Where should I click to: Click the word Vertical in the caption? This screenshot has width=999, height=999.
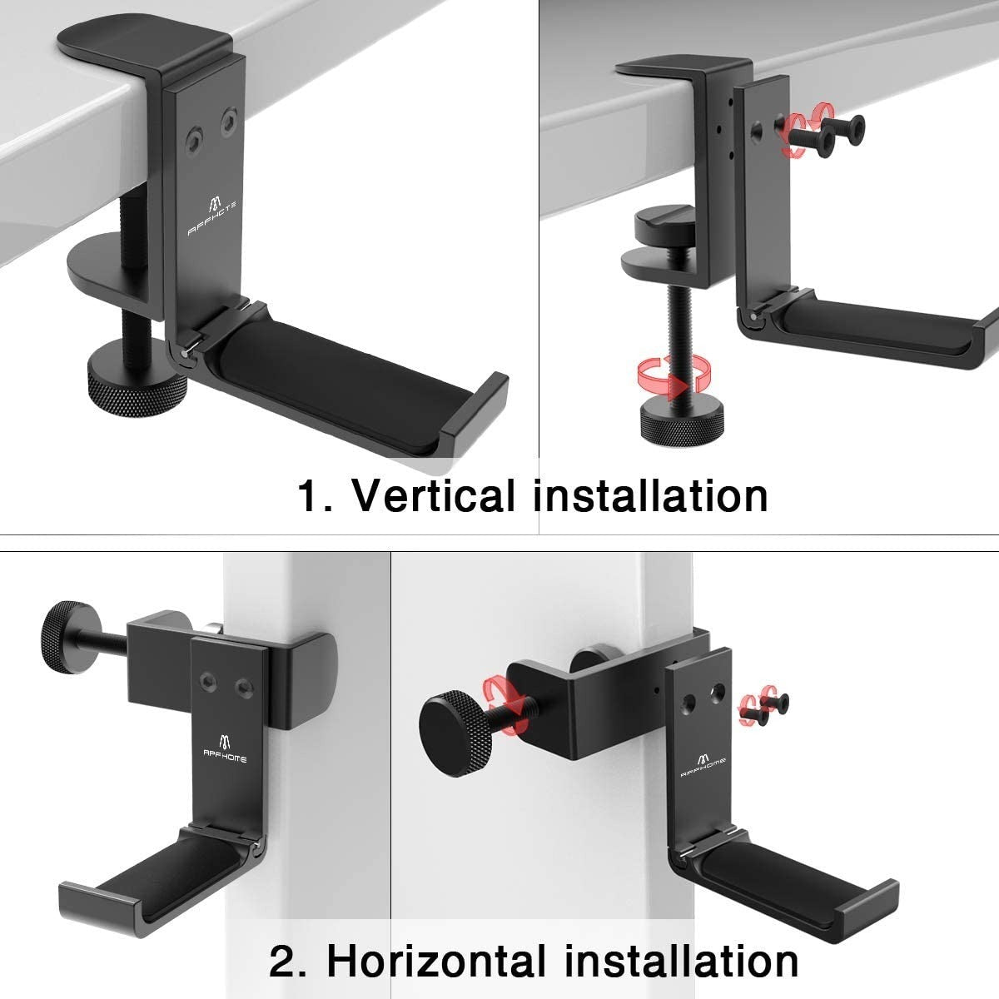(438, 496)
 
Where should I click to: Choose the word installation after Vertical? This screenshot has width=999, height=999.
(650, 496)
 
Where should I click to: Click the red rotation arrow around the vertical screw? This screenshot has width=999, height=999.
(671, 373)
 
